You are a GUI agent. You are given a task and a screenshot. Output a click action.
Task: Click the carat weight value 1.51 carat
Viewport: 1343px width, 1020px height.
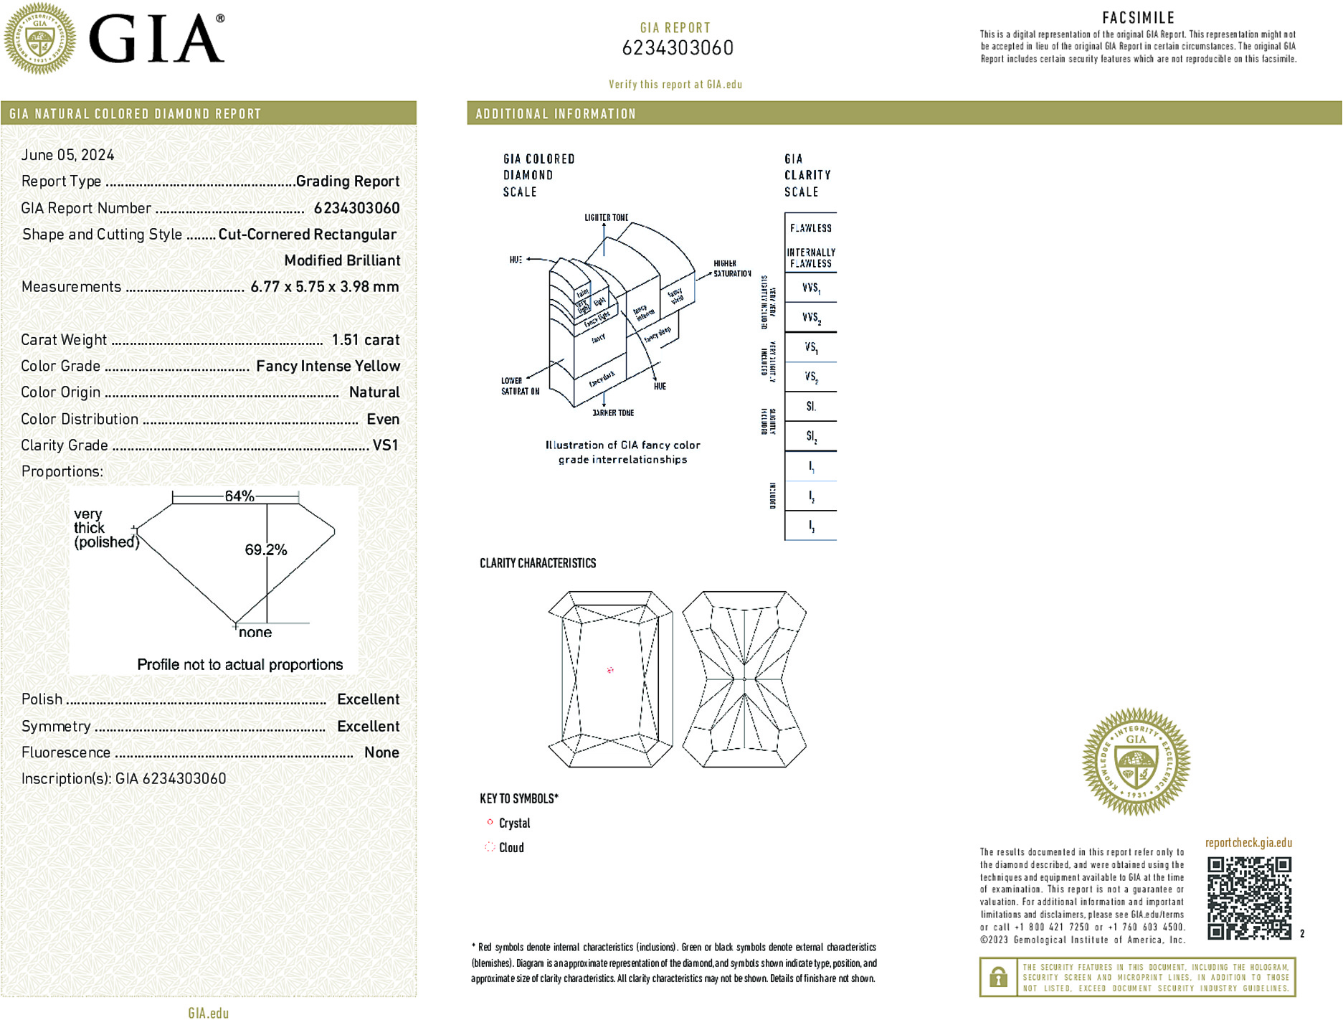point(365,340)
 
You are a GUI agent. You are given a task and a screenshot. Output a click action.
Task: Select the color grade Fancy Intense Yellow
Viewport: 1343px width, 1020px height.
point(328,367)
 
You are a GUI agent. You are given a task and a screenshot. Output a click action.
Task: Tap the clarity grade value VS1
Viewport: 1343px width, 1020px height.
point(385,445)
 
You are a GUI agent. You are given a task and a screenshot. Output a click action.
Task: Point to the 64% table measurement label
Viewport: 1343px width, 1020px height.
point(239,496)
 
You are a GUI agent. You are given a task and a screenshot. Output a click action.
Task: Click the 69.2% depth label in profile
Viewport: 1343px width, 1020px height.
point(265,550)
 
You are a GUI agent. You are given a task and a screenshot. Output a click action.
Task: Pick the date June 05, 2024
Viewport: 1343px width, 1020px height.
point(67,155)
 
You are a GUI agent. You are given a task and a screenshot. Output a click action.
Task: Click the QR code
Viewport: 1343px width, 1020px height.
point(1248,897)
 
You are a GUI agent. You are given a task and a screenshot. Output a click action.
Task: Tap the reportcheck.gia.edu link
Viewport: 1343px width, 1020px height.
point(1248,843)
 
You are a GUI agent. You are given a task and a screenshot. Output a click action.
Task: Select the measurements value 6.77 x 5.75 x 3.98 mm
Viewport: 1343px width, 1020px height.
point(324,287)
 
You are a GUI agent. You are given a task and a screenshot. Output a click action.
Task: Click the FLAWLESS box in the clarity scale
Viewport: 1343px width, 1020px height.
point(811,228)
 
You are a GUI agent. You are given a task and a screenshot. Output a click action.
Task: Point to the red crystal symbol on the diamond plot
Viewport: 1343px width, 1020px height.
point(610,670)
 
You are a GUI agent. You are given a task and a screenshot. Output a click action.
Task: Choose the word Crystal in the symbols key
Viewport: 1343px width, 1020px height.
point(514,823)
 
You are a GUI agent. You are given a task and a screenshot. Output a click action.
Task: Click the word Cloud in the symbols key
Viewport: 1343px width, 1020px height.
point(511,848)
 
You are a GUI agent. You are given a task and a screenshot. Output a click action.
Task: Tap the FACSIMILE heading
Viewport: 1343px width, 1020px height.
point(1138,18)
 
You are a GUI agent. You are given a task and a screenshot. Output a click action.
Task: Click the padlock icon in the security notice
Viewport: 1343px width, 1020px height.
point(998,977)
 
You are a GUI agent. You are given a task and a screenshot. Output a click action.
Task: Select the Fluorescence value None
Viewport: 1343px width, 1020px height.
point(381,752)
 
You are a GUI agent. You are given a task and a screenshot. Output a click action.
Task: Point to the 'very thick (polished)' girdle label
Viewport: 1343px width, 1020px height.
point(105,528)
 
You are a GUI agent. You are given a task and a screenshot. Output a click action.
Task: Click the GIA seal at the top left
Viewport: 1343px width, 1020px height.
point(39,39)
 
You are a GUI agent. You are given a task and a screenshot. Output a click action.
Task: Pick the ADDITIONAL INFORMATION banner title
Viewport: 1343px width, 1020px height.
point(556,114)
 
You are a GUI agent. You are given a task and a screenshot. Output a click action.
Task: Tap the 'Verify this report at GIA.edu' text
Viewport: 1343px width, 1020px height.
point(675,85)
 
